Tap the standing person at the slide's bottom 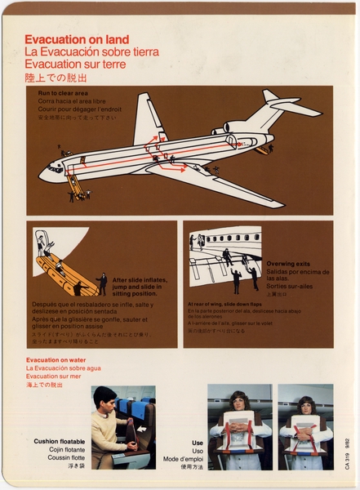click(x=102, y=283)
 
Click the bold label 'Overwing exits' click(x=287, y=264)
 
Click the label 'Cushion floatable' click(x=59, y=441)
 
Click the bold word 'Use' click(x=197, y=441)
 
